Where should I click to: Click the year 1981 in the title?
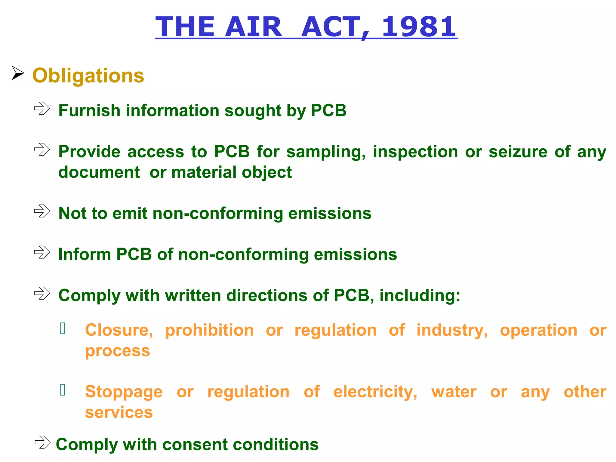[419, 27]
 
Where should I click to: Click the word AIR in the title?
[253, 27]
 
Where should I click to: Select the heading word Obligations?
[88, 75]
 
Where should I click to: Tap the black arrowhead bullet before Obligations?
[18, 73]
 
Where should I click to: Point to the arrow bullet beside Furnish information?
[42, 108]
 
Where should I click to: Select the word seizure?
[518, 152]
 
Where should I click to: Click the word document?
[99, 172]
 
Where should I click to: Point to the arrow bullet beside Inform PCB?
[42, 252]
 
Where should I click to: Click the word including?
[420, 295]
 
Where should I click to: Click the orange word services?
[119, 412]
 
